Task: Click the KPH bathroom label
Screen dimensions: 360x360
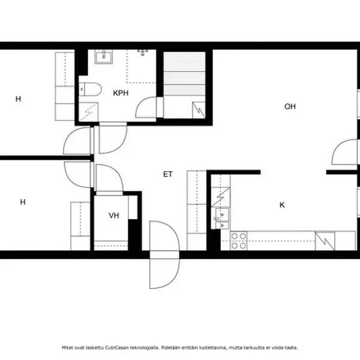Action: pyautogui.click(x=121, y=93)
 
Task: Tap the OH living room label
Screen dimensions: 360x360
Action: pyautogui.click(x=290, y=106)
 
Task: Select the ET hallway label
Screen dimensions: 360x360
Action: pyautogui.click(x=167, y=174)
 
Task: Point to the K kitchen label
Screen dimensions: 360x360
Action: pyautogui.click(x=282, y=205)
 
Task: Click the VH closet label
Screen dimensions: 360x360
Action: pyautogui.click(x=114, y=215)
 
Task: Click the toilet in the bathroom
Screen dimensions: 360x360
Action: pyautogui.click(x=90, y=89)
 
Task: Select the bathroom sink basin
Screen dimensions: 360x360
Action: pyautogui.click(x=104, y=56)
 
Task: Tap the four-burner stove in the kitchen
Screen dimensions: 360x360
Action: pyautogui.click(x=239, y=241)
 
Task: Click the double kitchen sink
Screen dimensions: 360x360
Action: pyautogui.click(x=222, y=218)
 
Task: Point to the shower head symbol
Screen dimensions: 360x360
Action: pyautogui.click(x=143, y=53)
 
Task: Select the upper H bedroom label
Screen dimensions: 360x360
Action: pyautogui.click(x=18, y=99)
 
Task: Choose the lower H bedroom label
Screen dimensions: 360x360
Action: pyautogui.click(x=23, y=202)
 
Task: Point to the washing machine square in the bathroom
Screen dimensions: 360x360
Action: pyautogui.click(x=89, y=112)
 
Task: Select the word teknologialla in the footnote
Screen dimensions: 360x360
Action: pyautogui.click(x=144, y=347)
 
